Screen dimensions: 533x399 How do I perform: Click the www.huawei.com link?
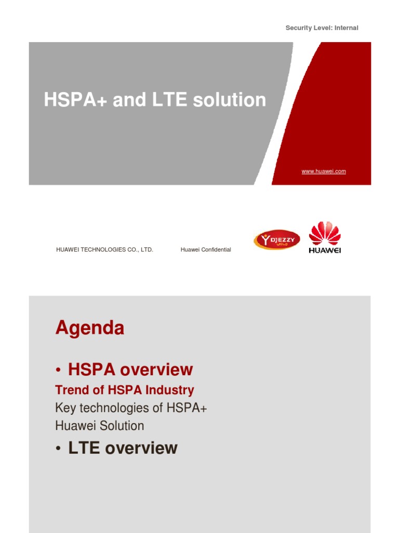[x=323, y=171]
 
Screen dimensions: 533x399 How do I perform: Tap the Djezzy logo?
[x=276, y=240]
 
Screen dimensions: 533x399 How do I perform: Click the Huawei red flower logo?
[x=325, y=234]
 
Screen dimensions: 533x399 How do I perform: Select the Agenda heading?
[x=89, y=328]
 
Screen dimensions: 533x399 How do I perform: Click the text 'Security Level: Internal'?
[x=322, y=28]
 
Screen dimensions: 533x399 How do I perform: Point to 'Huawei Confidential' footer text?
[x=206, y=250]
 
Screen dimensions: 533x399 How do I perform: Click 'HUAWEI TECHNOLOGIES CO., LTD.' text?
[x=104, y=250]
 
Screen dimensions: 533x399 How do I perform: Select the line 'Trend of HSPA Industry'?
[x=125, y=390]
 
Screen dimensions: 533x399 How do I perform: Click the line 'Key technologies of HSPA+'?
[x=131, y=408]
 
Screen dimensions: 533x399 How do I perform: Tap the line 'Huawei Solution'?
[x=100, y=426]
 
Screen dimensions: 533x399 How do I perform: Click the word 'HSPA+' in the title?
[x=76, y=100]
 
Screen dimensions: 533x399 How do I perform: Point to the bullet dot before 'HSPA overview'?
[x=59, y=371]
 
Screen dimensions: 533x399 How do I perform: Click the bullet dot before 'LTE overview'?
[x=59, y=449]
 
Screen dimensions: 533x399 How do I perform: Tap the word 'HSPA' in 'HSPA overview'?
[x=94, y=370]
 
